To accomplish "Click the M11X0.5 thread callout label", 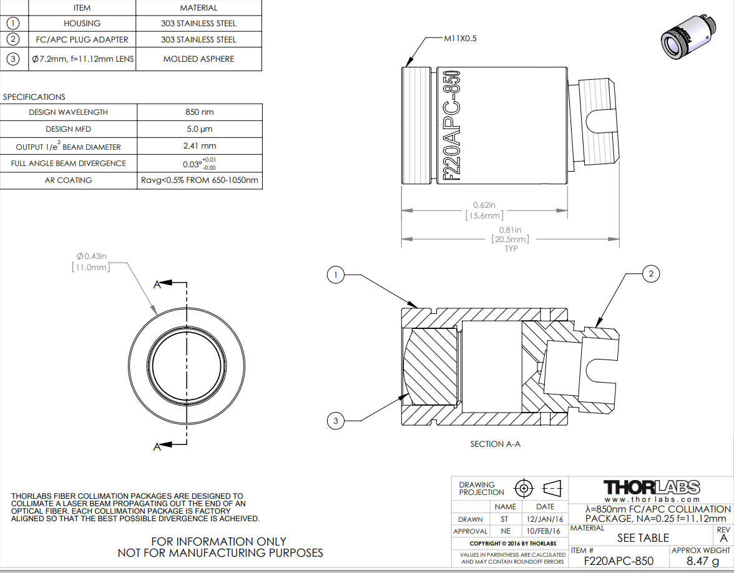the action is [x=460, y=39].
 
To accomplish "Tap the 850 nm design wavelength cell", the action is [x=200, y=112].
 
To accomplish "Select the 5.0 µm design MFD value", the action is [x=200, y=129].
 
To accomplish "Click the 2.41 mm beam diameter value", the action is [x=200, y=146].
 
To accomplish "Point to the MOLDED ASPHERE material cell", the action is [x=198, y=59].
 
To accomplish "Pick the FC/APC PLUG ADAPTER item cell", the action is [x=82, y=40].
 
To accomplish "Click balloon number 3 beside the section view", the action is [x=335, y=421].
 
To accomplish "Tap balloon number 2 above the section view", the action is [x=650, y=274].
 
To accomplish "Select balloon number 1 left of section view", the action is [x=335, y=275].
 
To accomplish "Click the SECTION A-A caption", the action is [x=496, y=444].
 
